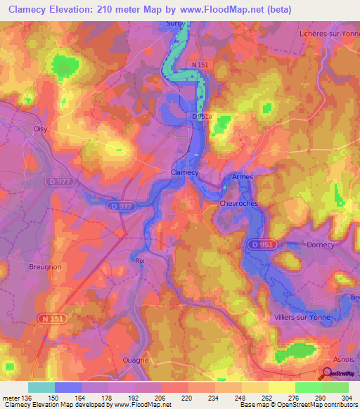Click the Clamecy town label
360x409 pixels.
[185, 172]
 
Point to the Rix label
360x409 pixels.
[139, 259]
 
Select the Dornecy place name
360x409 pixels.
[321, 245]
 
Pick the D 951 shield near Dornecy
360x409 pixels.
[260, 244]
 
